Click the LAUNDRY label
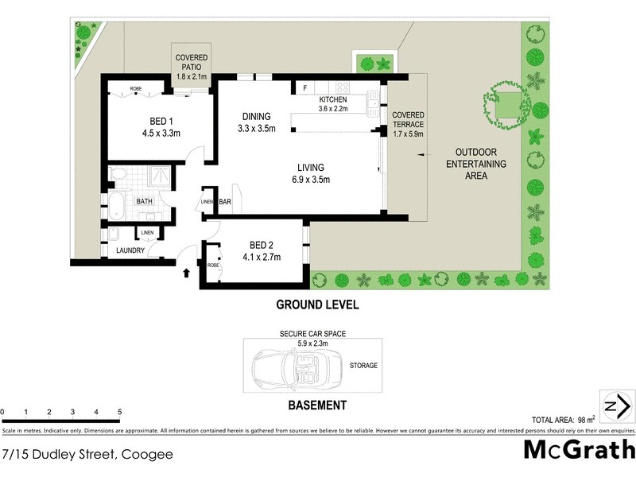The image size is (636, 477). (130, 250)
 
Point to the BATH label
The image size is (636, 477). (144, 202)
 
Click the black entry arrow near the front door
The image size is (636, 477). (188, 273)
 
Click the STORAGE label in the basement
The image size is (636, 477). (363, 366)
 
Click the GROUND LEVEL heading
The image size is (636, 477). (317, 304)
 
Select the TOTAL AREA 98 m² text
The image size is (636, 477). (564, 419)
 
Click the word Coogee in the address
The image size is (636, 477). (148, 456)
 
